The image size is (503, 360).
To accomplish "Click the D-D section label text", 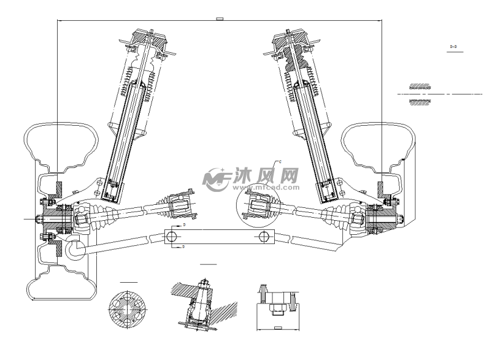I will tap(455, 46).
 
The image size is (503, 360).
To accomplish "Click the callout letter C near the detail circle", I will tap(280, 161).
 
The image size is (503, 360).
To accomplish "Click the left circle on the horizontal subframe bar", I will tap(174, 237).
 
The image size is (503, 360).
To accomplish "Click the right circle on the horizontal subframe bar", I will tap(264, 237).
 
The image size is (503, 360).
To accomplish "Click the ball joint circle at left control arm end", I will tap(77, 248).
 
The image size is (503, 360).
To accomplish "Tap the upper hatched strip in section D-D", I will tap(419, 86).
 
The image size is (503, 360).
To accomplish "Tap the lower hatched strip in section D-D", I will tap(419, 101).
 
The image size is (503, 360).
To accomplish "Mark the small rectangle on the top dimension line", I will tap(220, 19).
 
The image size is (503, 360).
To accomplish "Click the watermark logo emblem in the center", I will tap(215, 177).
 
